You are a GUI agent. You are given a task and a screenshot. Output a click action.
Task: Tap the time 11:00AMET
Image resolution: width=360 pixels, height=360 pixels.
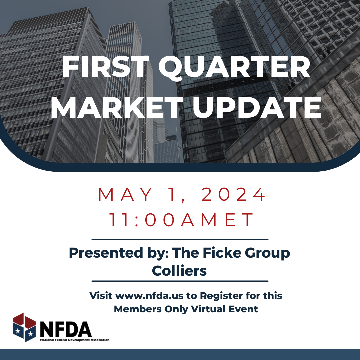point(182,220)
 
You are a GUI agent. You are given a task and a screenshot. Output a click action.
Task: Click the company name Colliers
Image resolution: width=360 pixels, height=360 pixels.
point(179,271)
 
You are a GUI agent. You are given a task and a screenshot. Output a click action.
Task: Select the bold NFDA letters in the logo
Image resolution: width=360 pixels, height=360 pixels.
point(65,329)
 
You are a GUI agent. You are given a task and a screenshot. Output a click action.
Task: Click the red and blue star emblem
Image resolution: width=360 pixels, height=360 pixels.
point(24,327)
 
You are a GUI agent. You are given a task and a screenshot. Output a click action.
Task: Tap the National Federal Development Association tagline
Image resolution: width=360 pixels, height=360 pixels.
point(74,340)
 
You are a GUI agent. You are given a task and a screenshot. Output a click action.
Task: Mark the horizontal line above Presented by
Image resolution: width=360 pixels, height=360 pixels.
point(180,239)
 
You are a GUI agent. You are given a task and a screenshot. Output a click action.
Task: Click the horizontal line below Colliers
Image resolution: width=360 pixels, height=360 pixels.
point(180,281)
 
